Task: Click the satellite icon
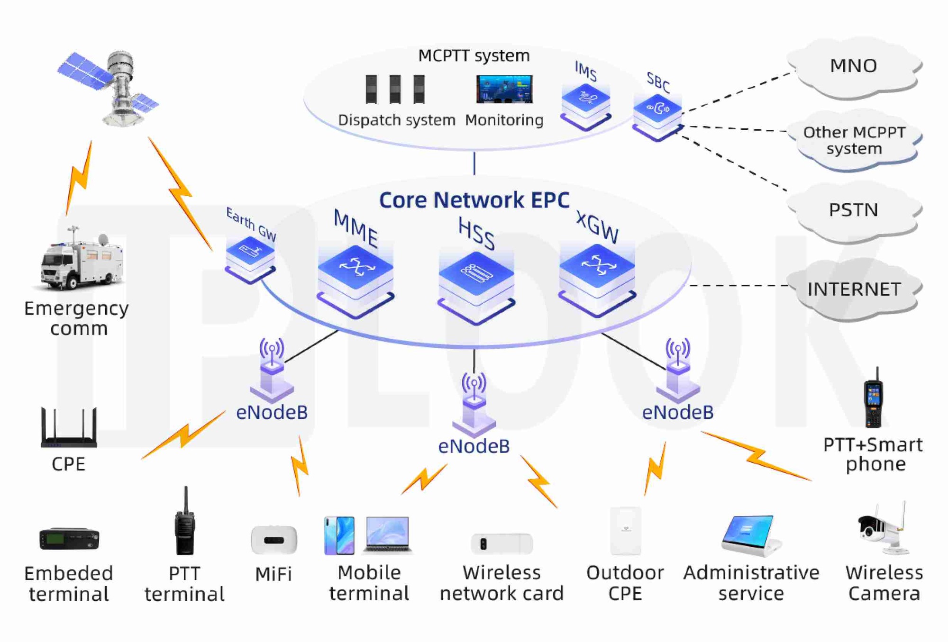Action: [114, 88]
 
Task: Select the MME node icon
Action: [355, 280]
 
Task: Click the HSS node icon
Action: [476, 284]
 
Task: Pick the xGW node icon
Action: [597, 277]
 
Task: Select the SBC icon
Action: [657, 116]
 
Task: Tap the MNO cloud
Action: [853, 66]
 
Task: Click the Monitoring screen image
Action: [504, 89]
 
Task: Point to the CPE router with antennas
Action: [69, 429]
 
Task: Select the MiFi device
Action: [274, 540]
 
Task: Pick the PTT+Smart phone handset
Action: [874, 400]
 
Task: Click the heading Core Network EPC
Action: [474, 200]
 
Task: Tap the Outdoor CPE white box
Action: [626, 531]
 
